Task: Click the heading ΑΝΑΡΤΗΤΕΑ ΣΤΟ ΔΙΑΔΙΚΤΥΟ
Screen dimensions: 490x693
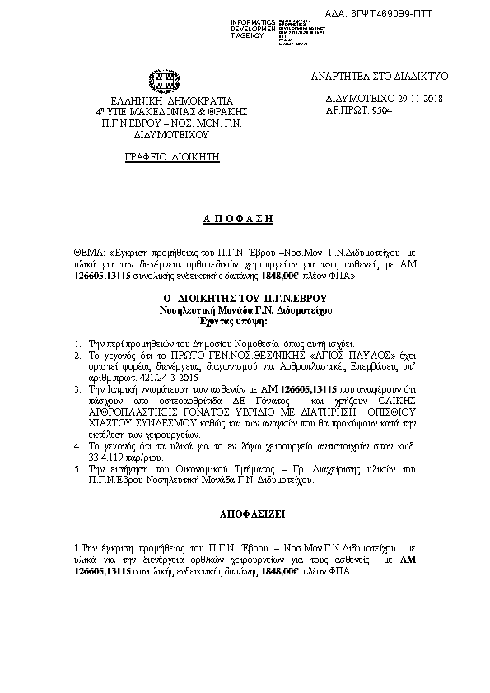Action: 379,76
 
